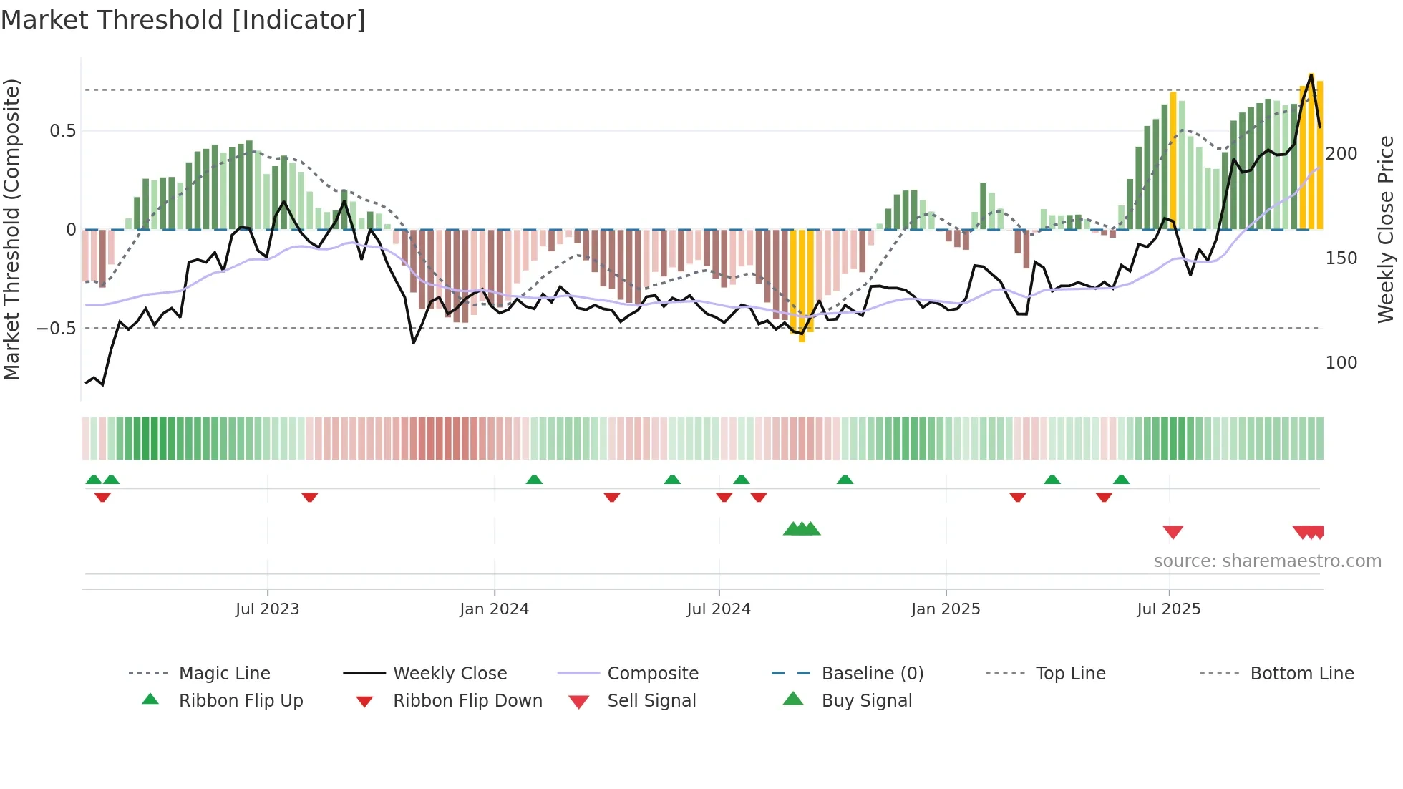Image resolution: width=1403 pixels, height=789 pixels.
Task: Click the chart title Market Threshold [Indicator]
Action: coord(183,20)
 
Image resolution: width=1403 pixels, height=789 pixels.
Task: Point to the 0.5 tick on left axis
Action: coord(62,131)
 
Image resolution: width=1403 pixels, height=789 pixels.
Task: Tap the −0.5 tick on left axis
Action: coord(57,329)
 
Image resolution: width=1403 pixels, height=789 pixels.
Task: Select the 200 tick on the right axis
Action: coord(1341,154)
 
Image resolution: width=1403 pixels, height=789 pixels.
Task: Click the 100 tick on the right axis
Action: coord(1341,363)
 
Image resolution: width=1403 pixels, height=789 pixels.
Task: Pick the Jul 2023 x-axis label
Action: coord(267,609)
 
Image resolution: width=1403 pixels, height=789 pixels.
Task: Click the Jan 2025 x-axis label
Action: coord(945,609)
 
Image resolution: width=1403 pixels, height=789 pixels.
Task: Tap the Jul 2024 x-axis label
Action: coord(718,609)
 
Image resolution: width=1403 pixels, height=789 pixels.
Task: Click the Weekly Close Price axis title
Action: coord(1386,229)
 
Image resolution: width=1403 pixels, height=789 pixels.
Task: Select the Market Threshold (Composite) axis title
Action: coord(11,229)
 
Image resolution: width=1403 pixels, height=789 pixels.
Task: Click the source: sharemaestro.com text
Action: coord(1267,561)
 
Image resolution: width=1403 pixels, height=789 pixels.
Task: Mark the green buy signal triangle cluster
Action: coord(801,529)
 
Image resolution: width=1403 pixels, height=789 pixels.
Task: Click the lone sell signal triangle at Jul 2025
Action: coord(1173,532)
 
